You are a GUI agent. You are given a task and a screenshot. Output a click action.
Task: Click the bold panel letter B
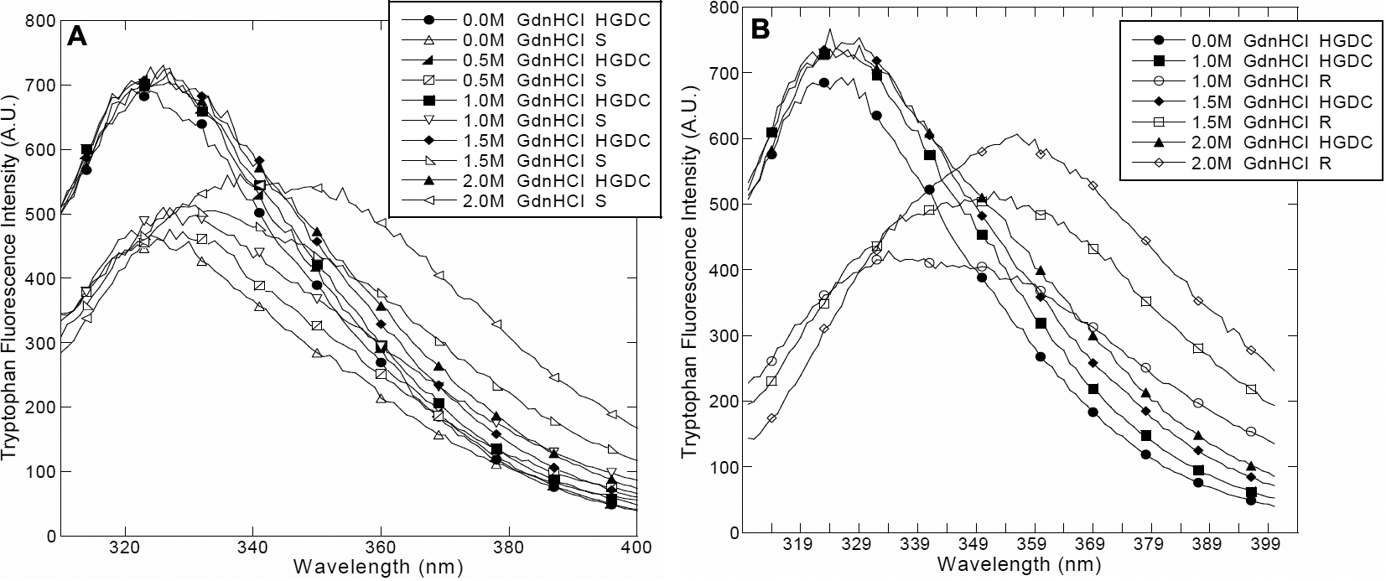(761, 30)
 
